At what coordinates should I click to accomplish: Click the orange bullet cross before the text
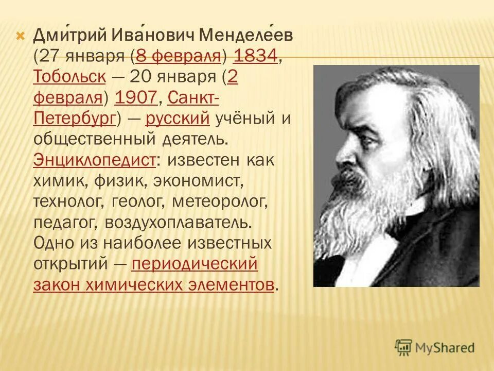20,36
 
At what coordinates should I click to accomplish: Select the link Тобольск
69,77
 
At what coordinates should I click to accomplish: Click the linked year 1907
136,97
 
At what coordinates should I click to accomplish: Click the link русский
178,118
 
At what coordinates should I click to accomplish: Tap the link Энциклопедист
94,160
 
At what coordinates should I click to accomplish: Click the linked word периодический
195,263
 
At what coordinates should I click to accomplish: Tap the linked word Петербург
74,118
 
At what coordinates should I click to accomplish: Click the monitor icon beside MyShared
404,347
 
